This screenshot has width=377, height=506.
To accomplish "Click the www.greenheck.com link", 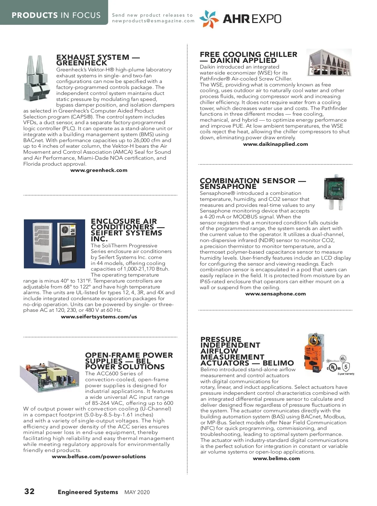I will [99, 170].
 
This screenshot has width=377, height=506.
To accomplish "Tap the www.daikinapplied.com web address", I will [276, 144].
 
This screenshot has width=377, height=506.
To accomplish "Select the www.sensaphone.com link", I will [276, 294].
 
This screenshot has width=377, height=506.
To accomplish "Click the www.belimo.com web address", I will [276, 459].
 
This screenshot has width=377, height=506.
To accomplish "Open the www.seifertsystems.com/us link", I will [99, 317].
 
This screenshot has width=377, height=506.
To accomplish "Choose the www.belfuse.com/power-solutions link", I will [99, 457].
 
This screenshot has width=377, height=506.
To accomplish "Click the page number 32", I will [30, 492].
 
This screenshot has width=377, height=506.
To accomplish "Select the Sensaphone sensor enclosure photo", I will [335, 192].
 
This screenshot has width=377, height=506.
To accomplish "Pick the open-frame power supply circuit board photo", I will [49, 376].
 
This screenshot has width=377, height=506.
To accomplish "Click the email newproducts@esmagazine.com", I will [153, 21].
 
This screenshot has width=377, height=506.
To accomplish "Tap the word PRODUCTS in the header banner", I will [35, 15].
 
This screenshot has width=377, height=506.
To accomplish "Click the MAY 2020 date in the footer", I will [137, 492].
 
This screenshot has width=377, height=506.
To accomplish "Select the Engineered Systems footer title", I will [88, 492].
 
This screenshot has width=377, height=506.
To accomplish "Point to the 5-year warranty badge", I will [346, 368].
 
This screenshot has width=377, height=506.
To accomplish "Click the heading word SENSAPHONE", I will [228, 186].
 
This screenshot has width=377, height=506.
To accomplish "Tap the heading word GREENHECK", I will [82, 63].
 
